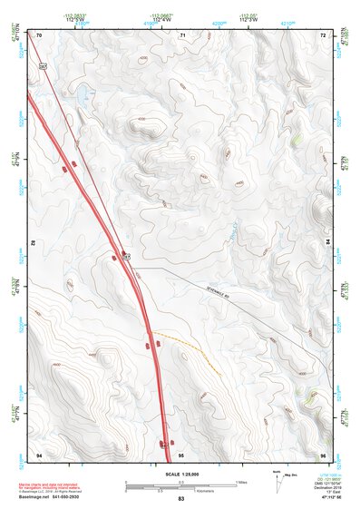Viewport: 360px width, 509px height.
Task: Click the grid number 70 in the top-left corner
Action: tap(39, 34)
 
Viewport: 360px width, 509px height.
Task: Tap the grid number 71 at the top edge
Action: tap(182, 34)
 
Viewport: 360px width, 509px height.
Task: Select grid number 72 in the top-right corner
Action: tap(323, 34)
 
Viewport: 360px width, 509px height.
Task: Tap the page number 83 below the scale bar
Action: tap(180, 499)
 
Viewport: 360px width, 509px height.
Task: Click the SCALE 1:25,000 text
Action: tap(180, 475)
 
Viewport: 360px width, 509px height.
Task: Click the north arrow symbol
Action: tap(277, 480)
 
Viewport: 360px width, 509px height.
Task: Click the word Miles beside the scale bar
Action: tap(240, 481)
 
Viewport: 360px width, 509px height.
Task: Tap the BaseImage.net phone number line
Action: tap(50, 498)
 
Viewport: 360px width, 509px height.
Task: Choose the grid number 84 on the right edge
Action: tap(327, 243)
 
